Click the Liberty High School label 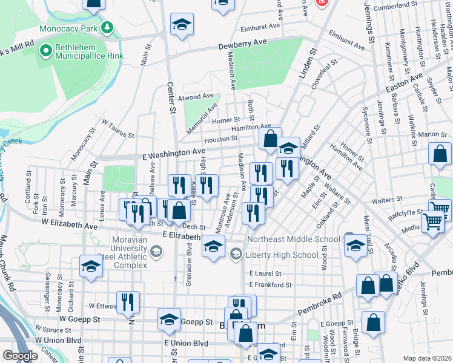coord(281,255)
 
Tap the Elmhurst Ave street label coord(260,27)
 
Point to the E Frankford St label coord(270,284)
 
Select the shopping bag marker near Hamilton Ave coord(270,138)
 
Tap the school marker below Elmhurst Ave coord(182,25)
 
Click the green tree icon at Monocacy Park coord(107,28)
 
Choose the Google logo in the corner coord(19,356)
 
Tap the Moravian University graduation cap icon coord(156,252)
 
